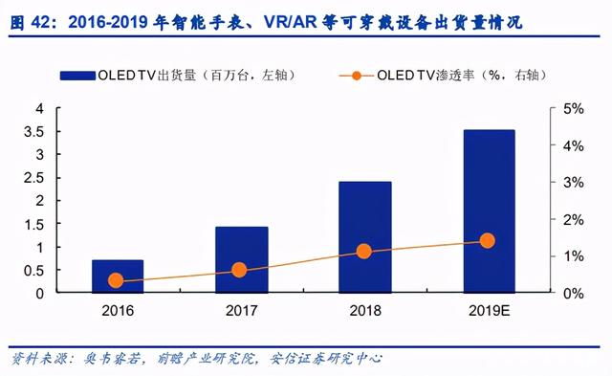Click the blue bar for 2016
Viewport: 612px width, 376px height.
click(x=118, y=276)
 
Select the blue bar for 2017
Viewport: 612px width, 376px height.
click(x=242, y=259)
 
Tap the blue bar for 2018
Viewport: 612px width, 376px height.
click(x=365, y=237)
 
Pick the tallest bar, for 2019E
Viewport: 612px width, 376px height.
click(x=489, y=211)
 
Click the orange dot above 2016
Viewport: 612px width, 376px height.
click(x=116, y=280)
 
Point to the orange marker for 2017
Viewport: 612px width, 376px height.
click(x=239, y=270)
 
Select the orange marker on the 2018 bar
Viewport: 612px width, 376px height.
click(x=363, y=252)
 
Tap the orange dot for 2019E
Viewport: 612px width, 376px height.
click(x=487, y=240)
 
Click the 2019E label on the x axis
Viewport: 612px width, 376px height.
click(x=489, y=311)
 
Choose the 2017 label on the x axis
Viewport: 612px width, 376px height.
click(x=242, y=311)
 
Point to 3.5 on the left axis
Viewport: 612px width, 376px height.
click(x=34, y=132)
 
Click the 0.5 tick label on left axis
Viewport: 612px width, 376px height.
click(x=34, y=270)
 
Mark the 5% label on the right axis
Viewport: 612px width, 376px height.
click(x=574, y=109)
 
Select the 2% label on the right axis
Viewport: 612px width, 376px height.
click(x=574, y=220)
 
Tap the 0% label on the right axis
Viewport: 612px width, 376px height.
click(x=574, y=294)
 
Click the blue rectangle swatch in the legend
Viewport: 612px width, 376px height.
click(x=77, y=76)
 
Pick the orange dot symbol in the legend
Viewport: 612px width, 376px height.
click(x=356, y=76)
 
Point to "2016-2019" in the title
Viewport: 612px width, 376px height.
click(x=108, y=23)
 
